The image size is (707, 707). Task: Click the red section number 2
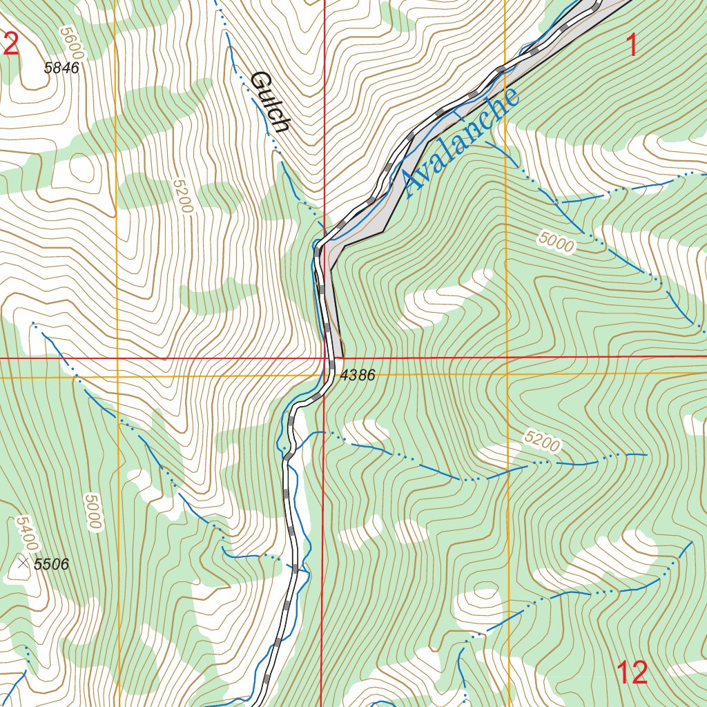(11, 43)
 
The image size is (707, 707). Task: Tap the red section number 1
(632, 46)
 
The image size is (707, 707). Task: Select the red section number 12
(632, 672)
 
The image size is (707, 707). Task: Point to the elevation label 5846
(61, 68)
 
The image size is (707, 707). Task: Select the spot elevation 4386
(358, 376)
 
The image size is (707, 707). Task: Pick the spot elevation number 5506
(52, 564)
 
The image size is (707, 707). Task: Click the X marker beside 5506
(23, 564)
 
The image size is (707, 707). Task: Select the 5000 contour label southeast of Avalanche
(556, 242)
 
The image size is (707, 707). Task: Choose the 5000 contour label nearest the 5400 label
(92, 512)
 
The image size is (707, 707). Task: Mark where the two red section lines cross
(324, 358)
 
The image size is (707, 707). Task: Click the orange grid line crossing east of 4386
(507, 374)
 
